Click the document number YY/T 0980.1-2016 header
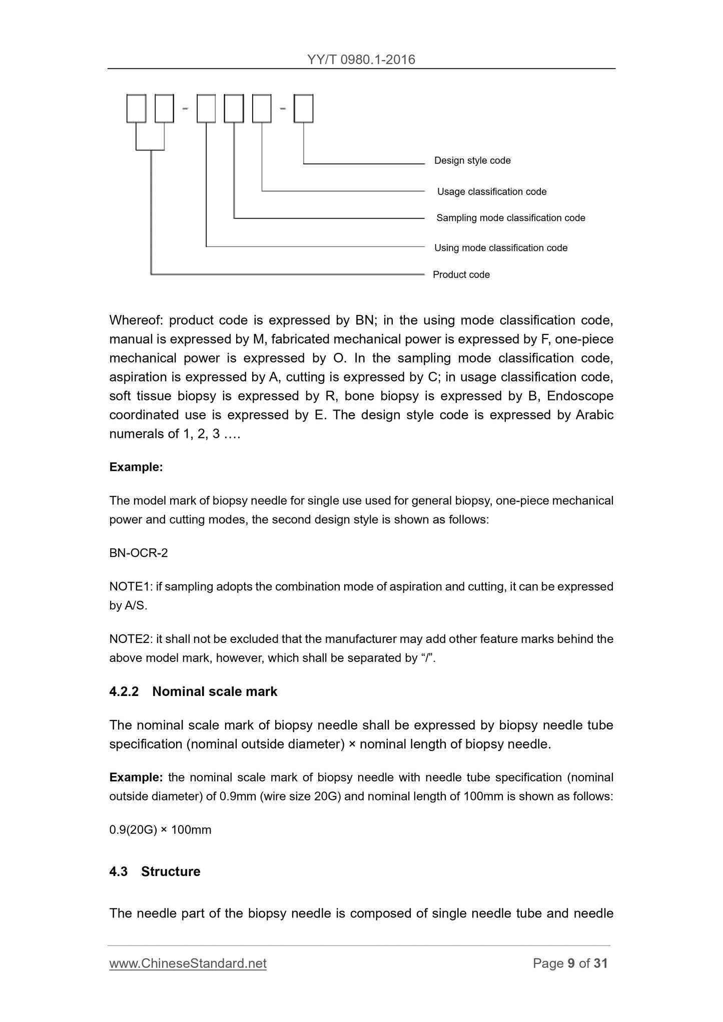(x=361, y=59)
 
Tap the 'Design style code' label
(x=472, y=160)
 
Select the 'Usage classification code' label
(x=492, y=191)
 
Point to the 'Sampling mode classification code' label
(x=510, y=218)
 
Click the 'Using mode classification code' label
(x=501, y=248)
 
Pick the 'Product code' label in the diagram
(x=461, y=274)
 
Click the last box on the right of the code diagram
(x=303, y=108)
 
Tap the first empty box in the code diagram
(x=136, y=108)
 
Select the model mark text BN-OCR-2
(x=139, y=553)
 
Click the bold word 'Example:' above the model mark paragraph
(x=136, y=467)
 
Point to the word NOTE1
(x=131, y=586)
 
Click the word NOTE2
(x=131, y=639)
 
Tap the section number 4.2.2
(x=124, y=691)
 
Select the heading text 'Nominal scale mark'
(x=215, y=691)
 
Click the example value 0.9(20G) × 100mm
(x=160, y=830)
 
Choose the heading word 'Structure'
(x=171, y=871)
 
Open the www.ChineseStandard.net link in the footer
(x=188, y=963)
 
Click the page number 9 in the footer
(x=571, y=963)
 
